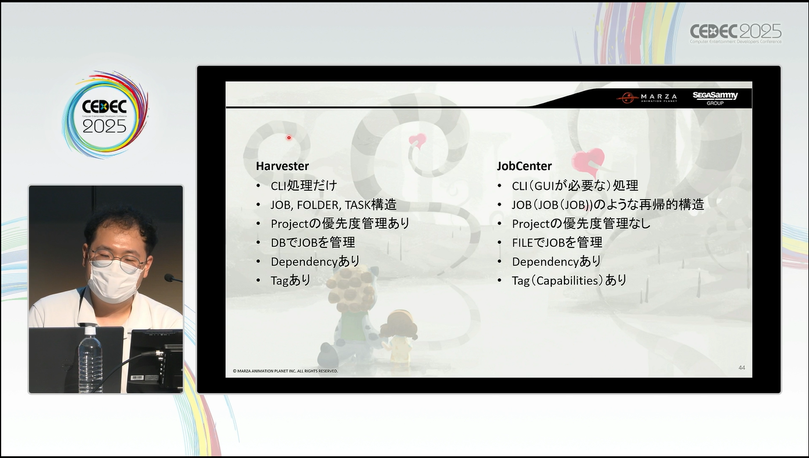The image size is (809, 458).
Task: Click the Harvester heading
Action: point(282,166)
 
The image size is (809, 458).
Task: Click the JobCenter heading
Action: point(524,166)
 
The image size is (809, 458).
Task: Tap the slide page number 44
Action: point(742,367)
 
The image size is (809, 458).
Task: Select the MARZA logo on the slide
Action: point(646,98)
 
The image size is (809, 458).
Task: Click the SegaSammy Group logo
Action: point(715,98)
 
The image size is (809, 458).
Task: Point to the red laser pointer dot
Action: point(289,138)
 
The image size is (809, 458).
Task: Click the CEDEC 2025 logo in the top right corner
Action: point(736,33)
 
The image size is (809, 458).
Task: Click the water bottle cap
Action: point(90,330)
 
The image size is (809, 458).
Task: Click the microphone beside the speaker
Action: point(172,278)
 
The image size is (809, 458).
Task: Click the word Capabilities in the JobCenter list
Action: point(567,281)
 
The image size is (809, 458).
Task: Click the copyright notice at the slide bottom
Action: point(285,371)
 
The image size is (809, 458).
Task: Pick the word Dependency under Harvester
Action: point(304,262)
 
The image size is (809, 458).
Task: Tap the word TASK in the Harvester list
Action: point(358,205)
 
